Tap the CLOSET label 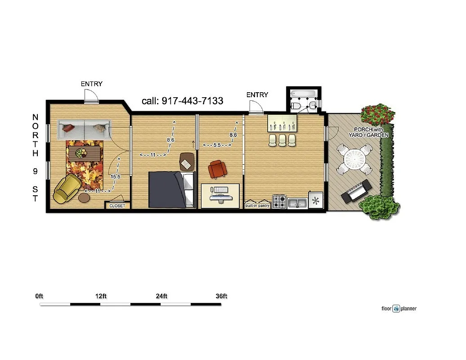117,206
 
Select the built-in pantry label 257,205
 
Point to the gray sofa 83,129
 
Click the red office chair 217,169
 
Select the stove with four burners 279,201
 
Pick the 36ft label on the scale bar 221,296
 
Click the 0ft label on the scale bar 39,296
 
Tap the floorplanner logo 399,309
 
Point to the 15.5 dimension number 115,177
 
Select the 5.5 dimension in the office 217,145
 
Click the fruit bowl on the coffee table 81,153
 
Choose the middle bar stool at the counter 282,141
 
